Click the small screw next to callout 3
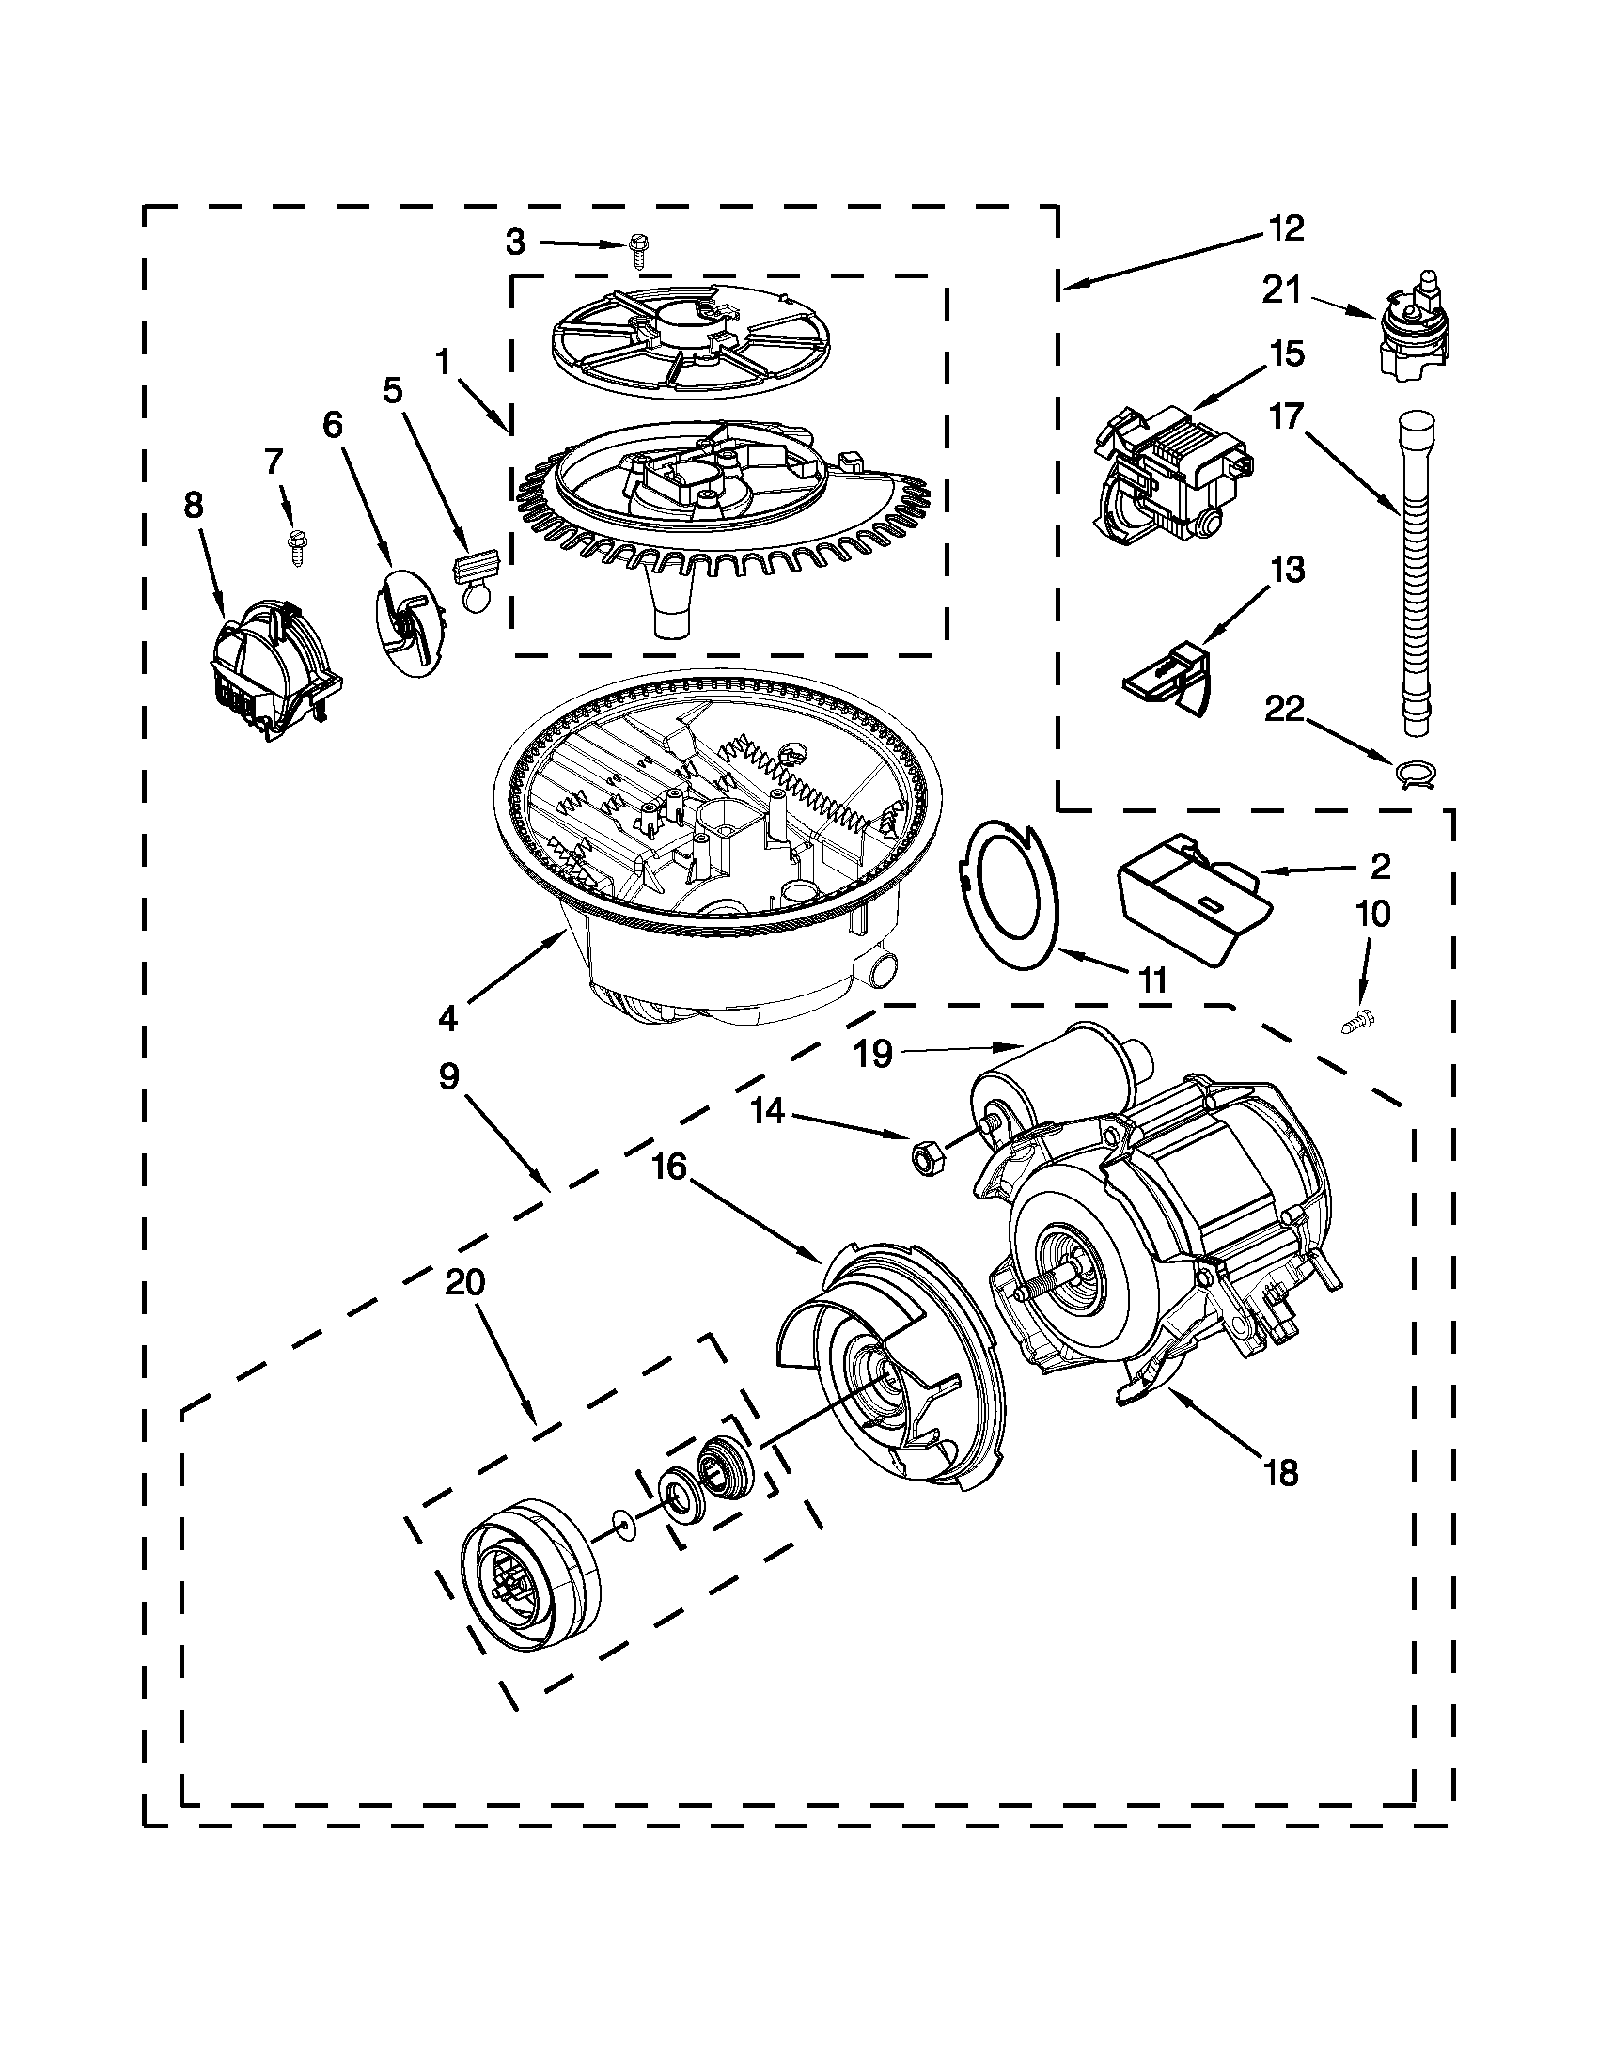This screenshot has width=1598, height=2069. coord(635,252)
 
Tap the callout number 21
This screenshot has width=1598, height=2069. coord(1282,290)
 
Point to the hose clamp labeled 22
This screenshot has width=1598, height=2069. coord(1416,774)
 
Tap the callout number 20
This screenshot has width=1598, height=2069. coord(464,1284)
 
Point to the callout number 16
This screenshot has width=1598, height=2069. coord(668,1168)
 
